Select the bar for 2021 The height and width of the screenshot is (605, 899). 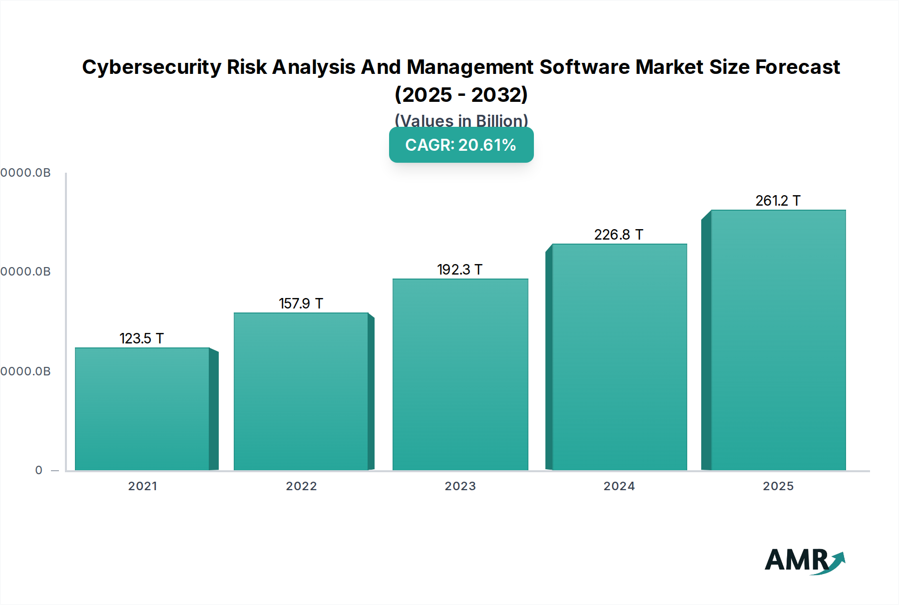coord(142,409)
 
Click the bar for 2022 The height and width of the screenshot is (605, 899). coord(301,392)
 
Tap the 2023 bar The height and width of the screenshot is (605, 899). coord(460,374)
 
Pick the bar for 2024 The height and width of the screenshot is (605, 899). coord(619,357)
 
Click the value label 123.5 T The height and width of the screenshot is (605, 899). coord(142,338)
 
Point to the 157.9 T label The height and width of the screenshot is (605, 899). coord(301,303)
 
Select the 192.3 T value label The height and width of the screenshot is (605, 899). coord(459,270)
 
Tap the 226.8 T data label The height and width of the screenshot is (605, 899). coord(618,235)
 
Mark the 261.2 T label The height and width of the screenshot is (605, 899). coord(778,201)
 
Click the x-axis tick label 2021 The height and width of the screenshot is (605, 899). coord(142,486)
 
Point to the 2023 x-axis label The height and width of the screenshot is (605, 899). coord(460,486)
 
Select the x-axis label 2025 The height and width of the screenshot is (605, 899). coord(778,486)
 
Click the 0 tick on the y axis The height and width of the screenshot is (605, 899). coord(39,470)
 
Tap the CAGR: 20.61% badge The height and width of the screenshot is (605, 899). coord(461,145)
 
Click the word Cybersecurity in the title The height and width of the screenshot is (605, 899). coord(151,67)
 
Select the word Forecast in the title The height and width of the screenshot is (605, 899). coord(797,67)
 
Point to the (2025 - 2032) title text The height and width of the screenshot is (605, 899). coord(461,95)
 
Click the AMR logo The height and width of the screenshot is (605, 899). coord(799,560)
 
